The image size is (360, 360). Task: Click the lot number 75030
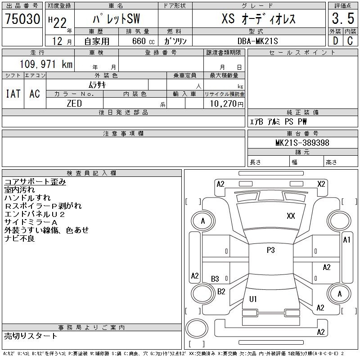(22, 18)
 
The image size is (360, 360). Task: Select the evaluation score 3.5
(343, 18)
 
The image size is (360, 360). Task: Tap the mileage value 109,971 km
(46, 64)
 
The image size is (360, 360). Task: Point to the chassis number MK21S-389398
(302, 143)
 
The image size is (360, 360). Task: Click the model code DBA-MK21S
(257, 41)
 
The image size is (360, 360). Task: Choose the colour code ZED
(74, 103)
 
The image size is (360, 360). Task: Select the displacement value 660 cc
(143, 41)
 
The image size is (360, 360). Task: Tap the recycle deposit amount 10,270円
(226, 103)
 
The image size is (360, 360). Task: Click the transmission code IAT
(13, 94)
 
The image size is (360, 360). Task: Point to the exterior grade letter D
(335, 41)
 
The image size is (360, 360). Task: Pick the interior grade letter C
(350, 41)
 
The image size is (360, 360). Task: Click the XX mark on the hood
(291, 216)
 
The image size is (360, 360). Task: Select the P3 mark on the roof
(271, 250)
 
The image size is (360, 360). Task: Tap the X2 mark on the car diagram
(321, 184)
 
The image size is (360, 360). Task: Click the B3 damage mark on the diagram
(215, 279)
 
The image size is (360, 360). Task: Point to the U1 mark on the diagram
(253, 299)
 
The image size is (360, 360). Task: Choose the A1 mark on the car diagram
(346, 240)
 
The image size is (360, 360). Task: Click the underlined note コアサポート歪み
(35, 182)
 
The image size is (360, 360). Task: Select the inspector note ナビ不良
(19, 238)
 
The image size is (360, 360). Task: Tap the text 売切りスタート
(31, 336)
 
